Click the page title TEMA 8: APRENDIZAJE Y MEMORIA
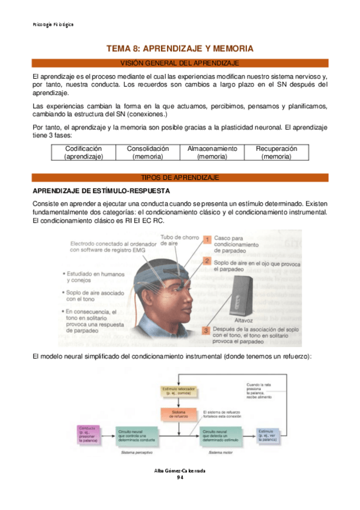click(180, 48)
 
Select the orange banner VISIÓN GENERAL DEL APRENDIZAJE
click(180, 63)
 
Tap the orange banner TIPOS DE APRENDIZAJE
click(180, 177)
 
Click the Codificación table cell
click(84, 152)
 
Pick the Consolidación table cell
click(148, 152)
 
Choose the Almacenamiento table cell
click(212, 152)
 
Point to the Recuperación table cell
click(276, 152)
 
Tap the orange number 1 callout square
click(206, 239)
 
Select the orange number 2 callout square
click(206, 261)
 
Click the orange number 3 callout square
click(206, 330)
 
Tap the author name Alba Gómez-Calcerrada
click(180, 471)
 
